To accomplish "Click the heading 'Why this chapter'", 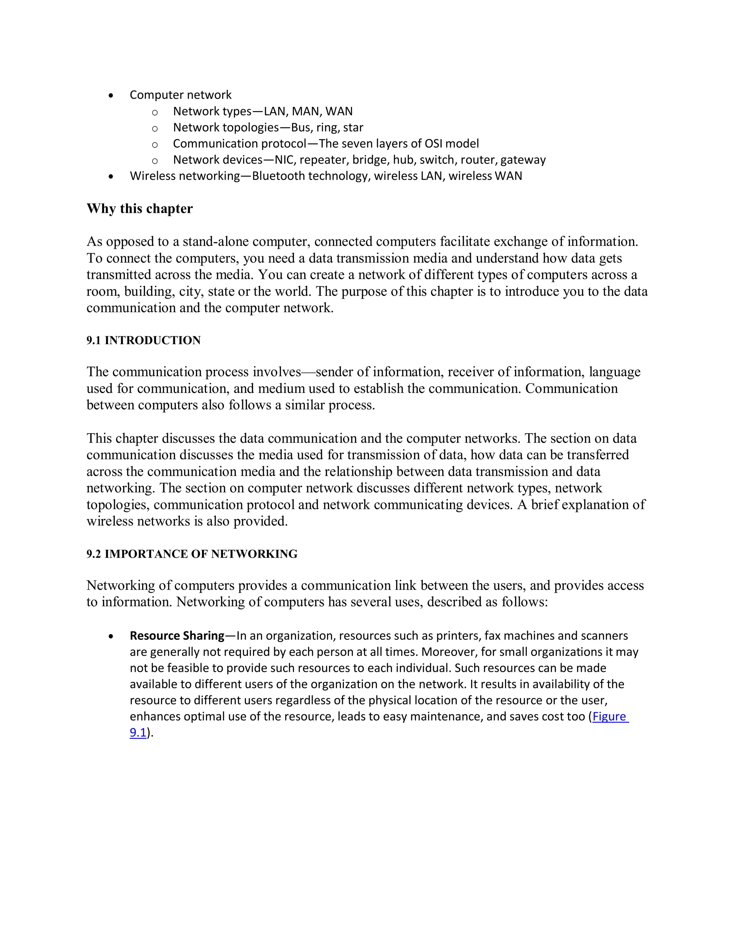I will tap(139, 209).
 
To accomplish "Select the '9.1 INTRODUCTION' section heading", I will tap(143, 341).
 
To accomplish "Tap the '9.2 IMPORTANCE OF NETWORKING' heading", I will tap(192, 554).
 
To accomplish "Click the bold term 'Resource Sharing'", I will tap(177, 636).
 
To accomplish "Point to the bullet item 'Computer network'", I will tap(180, 95).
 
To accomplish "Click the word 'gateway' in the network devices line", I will tap(523, 160).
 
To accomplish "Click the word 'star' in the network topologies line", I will tap(353, 128).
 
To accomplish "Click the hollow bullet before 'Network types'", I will tap(155, 113).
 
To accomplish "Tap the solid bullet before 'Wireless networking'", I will tap(112, 176).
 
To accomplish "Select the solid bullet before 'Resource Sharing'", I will tap(112, 637).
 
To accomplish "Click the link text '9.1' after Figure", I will tap(137, 732).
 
